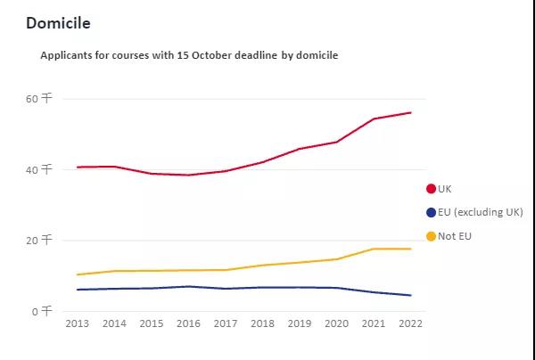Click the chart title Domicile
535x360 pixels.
tap(58, 22)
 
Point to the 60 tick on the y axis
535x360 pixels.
tap(40, 99)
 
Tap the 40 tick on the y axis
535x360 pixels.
tap(40, 169)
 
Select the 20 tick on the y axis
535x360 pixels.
tap(40, 241)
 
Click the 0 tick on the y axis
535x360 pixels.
tap(44, 311)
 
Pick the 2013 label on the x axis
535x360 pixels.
tap(78, 323)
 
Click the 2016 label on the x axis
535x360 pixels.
tap(188, 323)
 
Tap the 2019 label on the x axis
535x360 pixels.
tap(300, 323)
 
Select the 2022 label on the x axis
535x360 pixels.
tap(410, 323)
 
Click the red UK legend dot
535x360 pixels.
tap(432, 189)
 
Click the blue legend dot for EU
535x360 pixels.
tap(432, 212)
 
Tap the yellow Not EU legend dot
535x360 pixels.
tap(432, 236)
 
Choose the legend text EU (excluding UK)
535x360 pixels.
tap(481, 212)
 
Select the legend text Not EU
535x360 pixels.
tap(456, 236)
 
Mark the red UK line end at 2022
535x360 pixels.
tap(410, 112)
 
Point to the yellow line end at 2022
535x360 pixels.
tap(410, 249)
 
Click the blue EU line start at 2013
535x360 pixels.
tap(78, 290)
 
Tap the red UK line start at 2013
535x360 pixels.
tap(78, 167)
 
